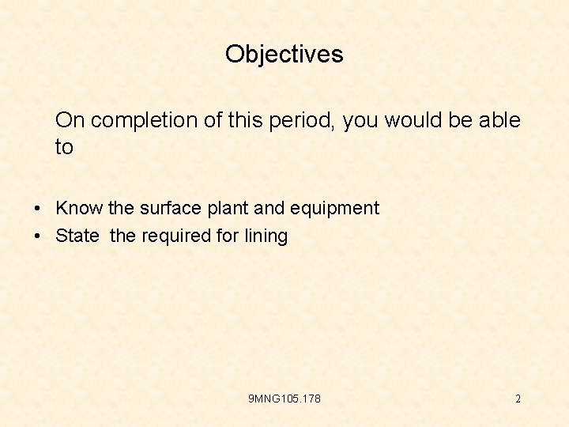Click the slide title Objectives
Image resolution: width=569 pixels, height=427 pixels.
click(284, 54)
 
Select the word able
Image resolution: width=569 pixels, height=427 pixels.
click(499, 120)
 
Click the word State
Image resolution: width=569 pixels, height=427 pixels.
click(77, 236)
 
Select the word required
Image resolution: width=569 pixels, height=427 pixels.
click(178, 236)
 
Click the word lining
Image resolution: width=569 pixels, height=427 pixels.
click(266, 236)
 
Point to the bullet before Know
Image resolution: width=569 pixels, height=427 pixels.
click(38, 209)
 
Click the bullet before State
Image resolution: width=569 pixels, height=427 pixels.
click(38, 236)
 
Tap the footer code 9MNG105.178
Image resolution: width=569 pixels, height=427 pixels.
click(284, 399)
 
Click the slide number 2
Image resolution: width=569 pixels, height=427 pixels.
click(518, 399)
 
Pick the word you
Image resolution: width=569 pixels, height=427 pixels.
click(360, 120)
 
